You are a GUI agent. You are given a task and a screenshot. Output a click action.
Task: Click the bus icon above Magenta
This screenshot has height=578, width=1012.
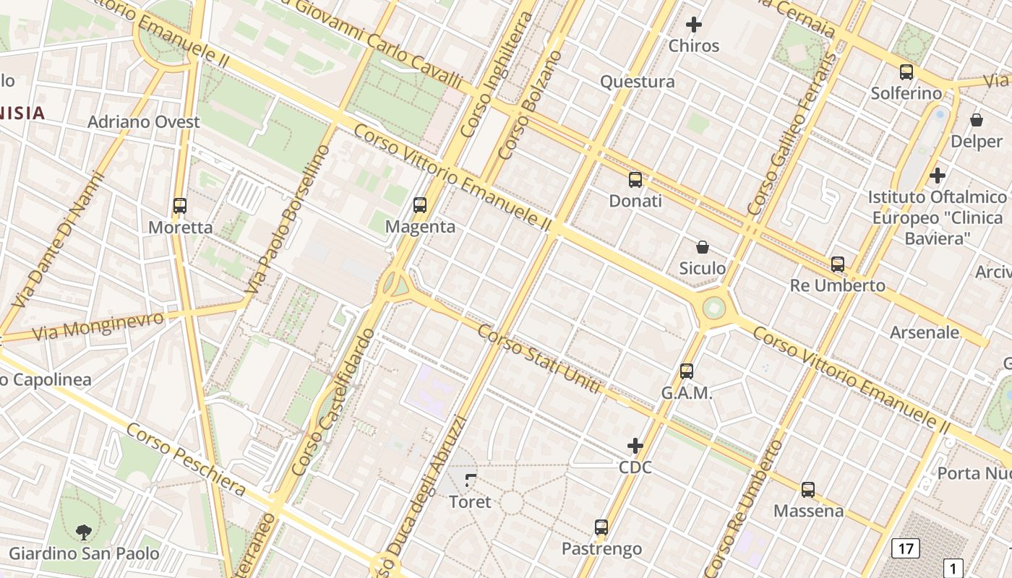tap(420, 205)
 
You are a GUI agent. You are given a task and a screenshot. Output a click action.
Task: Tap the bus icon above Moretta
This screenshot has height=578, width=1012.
tap(180, 206)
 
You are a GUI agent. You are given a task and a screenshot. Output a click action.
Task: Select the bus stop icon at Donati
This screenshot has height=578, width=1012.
tap(635, 180)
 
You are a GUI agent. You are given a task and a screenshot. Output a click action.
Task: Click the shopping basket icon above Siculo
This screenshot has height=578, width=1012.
tap(702, 247)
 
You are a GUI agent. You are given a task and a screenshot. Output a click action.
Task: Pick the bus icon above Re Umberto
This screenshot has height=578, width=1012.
tap(838, 264)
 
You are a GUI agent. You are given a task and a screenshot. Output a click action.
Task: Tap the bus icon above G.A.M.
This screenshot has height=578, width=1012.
tap(687, 371)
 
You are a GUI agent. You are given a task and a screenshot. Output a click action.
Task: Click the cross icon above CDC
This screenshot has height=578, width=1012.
tap(635, 446)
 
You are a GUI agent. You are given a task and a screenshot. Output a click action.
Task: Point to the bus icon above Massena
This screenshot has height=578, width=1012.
tap(808, 490)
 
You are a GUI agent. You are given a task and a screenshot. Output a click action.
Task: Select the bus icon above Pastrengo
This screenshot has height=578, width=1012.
tap(601, 527)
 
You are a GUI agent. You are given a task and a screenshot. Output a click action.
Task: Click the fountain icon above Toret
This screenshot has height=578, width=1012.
tap(471, 480)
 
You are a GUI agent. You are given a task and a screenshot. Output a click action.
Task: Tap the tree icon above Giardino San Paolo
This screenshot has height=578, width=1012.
tap(84, 532)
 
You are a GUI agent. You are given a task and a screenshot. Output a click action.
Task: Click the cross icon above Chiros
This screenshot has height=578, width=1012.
tap(694, 25)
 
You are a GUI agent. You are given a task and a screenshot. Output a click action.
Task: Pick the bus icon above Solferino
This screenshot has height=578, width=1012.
tap(906, 72)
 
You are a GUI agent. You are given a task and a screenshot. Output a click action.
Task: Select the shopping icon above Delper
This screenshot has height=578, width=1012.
tap(977, 120)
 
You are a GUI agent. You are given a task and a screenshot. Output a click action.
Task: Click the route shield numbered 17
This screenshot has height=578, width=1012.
tap(906, 548)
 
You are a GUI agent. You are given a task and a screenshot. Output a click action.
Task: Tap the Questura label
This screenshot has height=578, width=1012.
tap(638, 82)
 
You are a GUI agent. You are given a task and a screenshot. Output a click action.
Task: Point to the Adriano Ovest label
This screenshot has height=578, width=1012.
tap(144, 121)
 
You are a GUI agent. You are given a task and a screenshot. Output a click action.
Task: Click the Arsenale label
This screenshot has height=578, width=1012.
tap(925, 332)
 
